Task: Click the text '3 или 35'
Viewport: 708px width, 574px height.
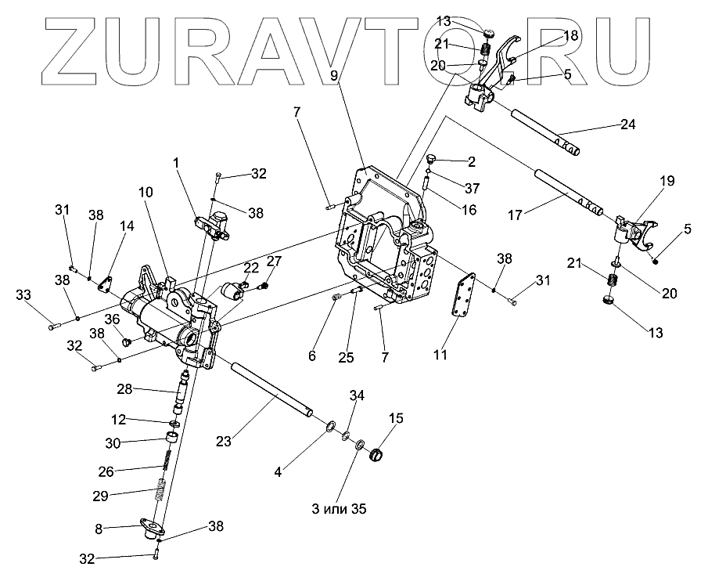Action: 336,508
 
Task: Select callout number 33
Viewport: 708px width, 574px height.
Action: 24,295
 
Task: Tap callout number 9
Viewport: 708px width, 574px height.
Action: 334,76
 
